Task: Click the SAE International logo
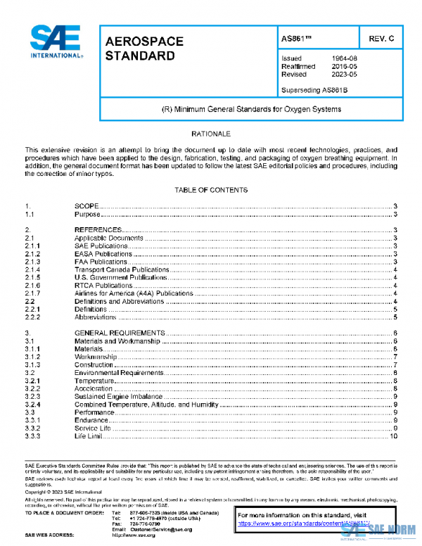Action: pos(57,43)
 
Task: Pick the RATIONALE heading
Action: pos(210,133)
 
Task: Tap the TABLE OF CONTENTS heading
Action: pos(210,190)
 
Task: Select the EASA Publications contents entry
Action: pos(103,254)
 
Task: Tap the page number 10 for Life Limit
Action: pos(395,436)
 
